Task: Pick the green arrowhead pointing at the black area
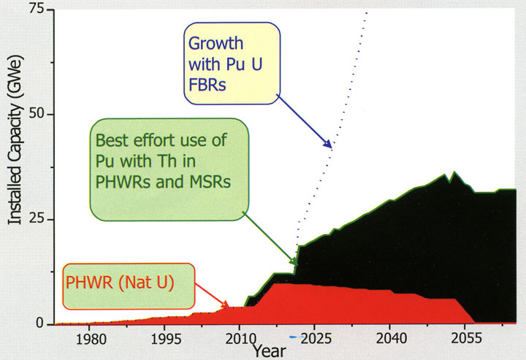point(294,261)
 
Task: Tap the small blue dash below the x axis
point(292,337)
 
